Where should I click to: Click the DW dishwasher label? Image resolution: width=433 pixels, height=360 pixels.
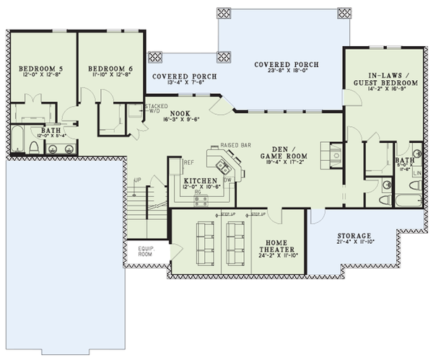(227, 180)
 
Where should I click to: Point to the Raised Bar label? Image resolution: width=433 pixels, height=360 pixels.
(235, 145)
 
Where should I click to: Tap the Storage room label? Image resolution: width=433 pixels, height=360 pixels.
(354, 237)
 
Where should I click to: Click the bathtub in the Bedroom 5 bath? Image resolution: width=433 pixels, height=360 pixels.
(16, 141)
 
